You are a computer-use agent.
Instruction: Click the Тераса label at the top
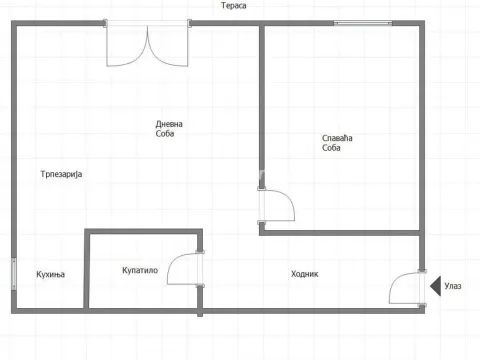234,6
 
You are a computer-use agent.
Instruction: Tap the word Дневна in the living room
169,124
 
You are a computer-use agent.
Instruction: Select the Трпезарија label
61,174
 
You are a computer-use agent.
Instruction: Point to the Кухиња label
51,274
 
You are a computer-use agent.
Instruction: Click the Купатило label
140,270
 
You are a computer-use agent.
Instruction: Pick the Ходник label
305,274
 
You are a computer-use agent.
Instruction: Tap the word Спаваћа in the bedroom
337,138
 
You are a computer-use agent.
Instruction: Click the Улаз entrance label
453,286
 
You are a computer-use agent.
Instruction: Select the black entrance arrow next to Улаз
436,286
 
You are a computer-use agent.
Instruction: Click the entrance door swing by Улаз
397,280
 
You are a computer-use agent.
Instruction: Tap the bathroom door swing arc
176,259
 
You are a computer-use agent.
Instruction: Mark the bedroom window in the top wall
363,23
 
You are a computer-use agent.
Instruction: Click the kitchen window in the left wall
14,274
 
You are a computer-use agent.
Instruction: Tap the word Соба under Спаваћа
331,148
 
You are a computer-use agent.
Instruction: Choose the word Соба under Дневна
165,134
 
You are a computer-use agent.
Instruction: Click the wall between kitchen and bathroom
87,269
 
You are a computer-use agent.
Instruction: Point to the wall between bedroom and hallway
339,233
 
